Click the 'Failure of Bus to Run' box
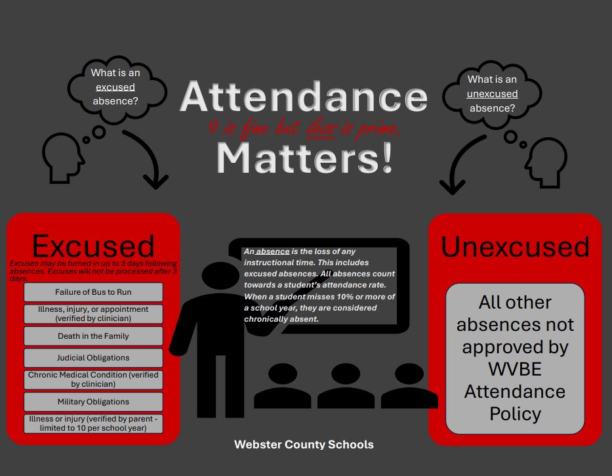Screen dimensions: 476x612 [93, 292]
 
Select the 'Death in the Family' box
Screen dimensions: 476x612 [93, 335]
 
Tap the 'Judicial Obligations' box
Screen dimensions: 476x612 [93, 358]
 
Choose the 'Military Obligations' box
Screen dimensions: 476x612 [93, 401]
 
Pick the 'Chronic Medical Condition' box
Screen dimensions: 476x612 [93, 379]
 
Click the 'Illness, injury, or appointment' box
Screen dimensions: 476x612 [93, 314]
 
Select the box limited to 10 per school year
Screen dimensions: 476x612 [93, 423]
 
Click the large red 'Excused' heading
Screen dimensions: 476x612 [93, 246]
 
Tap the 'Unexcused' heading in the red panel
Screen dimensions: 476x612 [515, 247]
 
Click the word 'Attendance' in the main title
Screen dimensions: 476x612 [304, 97]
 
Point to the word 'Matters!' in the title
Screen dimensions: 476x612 [305, 158]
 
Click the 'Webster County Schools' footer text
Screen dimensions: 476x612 [304, 444]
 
